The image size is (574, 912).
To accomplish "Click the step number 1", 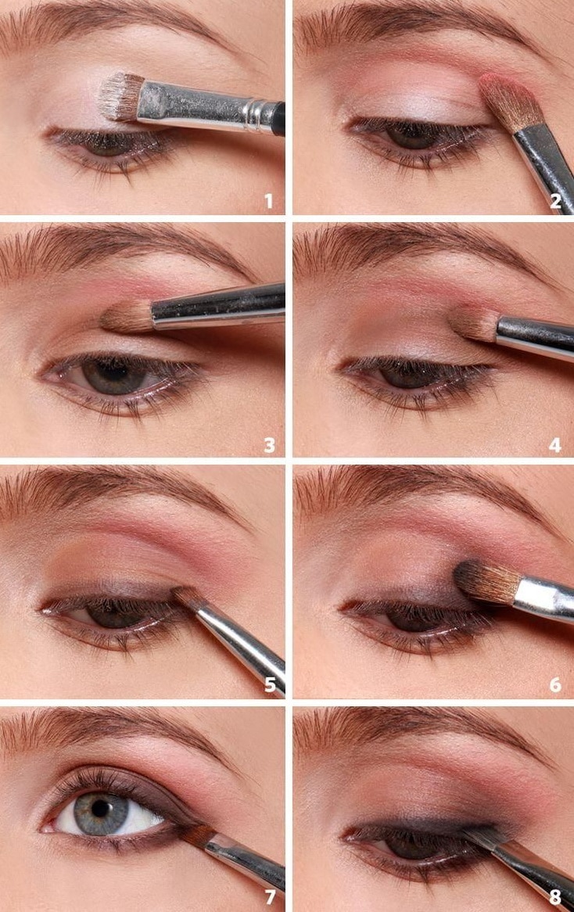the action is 268,201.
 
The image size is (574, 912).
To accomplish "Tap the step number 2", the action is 555,201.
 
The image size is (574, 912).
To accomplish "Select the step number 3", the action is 269,446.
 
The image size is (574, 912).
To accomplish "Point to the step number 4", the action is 555,446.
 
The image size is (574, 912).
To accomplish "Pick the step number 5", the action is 270,684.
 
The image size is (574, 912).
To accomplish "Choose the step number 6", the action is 555,684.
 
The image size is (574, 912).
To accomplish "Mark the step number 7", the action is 269,896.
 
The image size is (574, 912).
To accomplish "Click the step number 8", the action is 555,896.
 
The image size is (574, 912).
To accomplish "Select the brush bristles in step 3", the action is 127,317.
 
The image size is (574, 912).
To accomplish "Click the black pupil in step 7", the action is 101,808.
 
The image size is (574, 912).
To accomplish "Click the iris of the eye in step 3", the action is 114,375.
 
